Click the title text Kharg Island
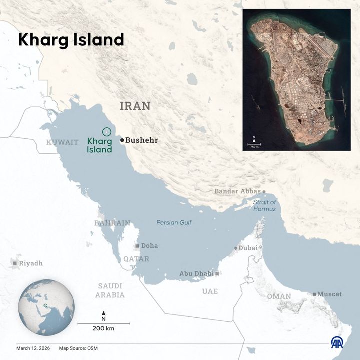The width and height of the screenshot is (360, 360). click(x=71, y=40)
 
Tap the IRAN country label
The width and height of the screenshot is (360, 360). click(x=135, y=106)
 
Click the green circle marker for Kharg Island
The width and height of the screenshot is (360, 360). click(x=106, y=132)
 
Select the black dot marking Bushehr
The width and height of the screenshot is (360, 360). click(x=122, y=140)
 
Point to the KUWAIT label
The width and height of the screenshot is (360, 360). click(x=62, y=142)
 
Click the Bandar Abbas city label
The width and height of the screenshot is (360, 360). click(x=237, y=191)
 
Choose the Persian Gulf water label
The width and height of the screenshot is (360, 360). click(x=174, y=222)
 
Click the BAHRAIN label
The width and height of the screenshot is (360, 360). click(x=112, y=223)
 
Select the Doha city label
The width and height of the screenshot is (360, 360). click(x=149, y=246)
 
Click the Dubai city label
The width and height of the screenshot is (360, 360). click(x=248, y=248)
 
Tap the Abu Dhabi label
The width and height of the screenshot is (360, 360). click(x=196, y=273)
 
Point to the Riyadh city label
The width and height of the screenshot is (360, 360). click(x=31, y=263)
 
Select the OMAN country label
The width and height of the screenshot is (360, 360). click(x=279, y=296)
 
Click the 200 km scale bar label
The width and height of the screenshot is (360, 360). click(x=103, y=328)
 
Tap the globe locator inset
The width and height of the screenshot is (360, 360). click(x=46, y=307)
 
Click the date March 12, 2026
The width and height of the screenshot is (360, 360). click(x=34, y=348)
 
